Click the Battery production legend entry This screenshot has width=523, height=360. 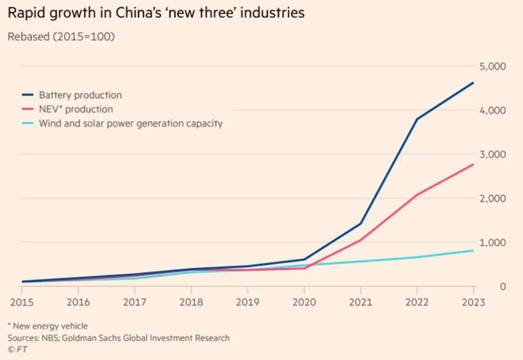click(80, 95)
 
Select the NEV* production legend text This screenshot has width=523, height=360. click(76, 109)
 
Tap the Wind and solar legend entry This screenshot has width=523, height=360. click(130, 123)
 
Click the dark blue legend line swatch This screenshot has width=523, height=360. click(27, 95)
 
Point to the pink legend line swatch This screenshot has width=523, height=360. click(27, 109)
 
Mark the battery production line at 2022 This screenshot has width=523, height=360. click(417, 119)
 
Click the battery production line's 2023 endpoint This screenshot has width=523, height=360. click(474, 82)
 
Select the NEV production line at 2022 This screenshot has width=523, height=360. click(417, 195)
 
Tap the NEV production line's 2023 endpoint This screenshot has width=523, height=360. click(474, 164)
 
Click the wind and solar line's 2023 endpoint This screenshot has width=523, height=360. click(474, 251)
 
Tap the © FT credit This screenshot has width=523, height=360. click(17, 348)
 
